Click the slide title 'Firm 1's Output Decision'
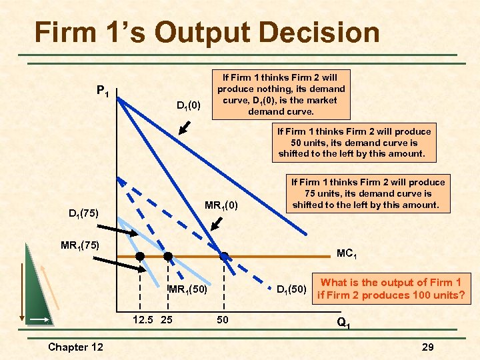[x=207, y=32]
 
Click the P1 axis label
[x=103, y=90]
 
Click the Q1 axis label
[x=343, y=324]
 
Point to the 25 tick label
[x=167, y=320]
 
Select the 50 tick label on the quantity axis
[x=223, y=320]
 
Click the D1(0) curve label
[x=188, y=105]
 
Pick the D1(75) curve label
[x=84, y=214]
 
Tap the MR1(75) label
[x=80, y=245]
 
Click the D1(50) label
[x=292, y=289]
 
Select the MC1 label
[x=346, y=253]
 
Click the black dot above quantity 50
[x=225, y=256]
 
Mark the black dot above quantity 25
[x=168, y=256]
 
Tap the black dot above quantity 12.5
[x=141, y=256]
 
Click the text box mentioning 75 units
[x=367, y=193]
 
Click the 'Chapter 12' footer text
[x=75, y=347]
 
